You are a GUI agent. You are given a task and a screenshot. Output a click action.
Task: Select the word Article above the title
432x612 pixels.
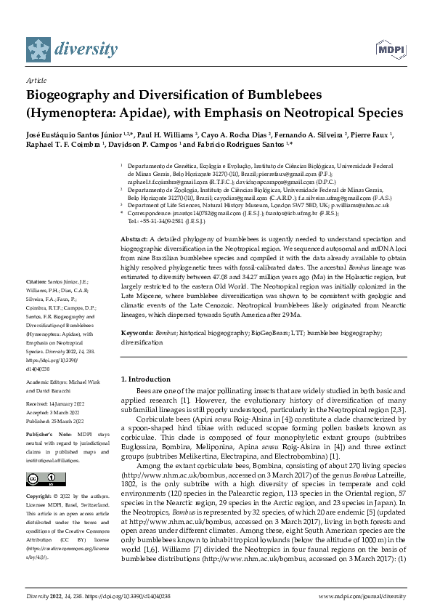[36, 81]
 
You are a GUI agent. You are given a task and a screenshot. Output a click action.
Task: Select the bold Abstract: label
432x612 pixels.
[135, 239]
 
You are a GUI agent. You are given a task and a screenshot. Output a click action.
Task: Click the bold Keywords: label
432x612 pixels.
[138, 332]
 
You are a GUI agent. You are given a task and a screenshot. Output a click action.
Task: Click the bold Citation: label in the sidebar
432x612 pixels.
[38, 301]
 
